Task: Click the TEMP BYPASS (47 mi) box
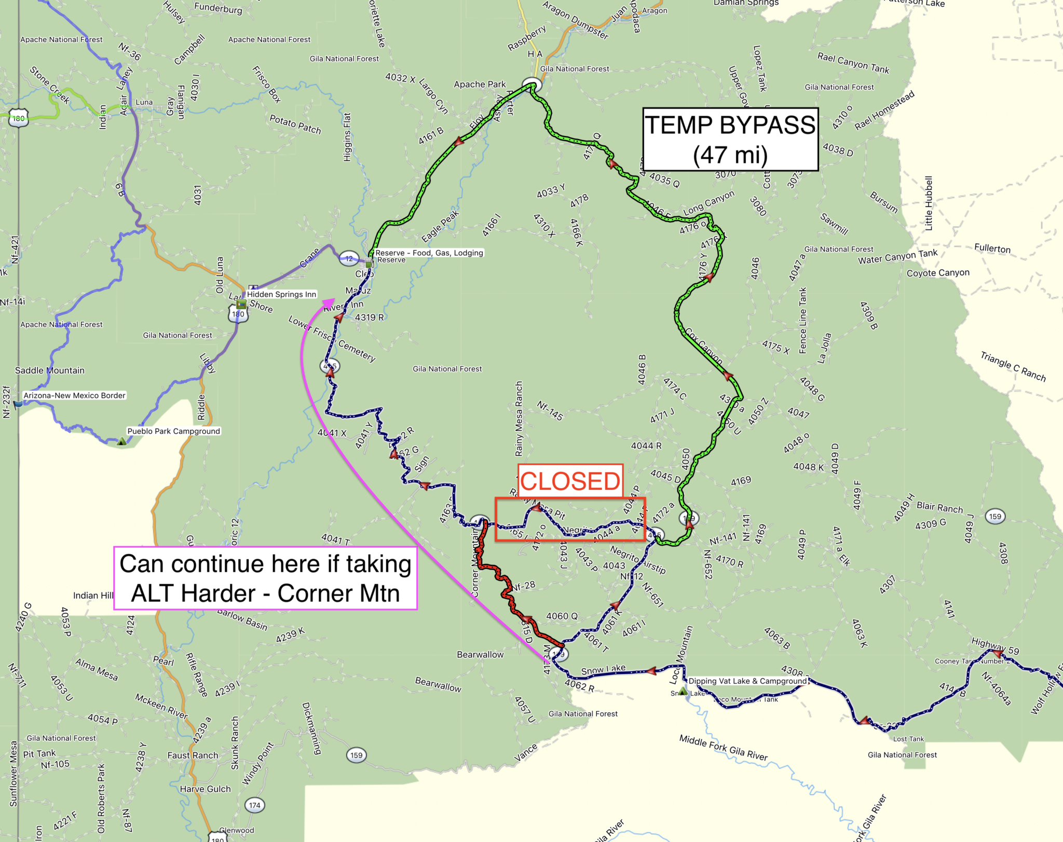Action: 730,139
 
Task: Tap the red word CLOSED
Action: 570,481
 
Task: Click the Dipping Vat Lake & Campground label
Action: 747,681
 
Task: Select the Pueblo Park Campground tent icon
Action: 121,441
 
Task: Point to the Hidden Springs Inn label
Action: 281,294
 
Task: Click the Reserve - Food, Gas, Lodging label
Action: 429,253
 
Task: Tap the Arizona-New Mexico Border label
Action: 74,395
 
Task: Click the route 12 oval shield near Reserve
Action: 349,258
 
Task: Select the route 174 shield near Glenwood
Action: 254,805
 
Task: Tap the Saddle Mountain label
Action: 50,370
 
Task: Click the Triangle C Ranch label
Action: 1013,366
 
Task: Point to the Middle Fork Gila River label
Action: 723,748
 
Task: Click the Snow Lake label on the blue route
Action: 603,670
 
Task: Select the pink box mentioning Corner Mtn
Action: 265,578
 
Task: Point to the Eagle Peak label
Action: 440,226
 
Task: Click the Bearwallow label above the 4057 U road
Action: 438,684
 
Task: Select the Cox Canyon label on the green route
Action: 703,346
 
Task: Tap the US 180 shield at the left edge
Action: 19,118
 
